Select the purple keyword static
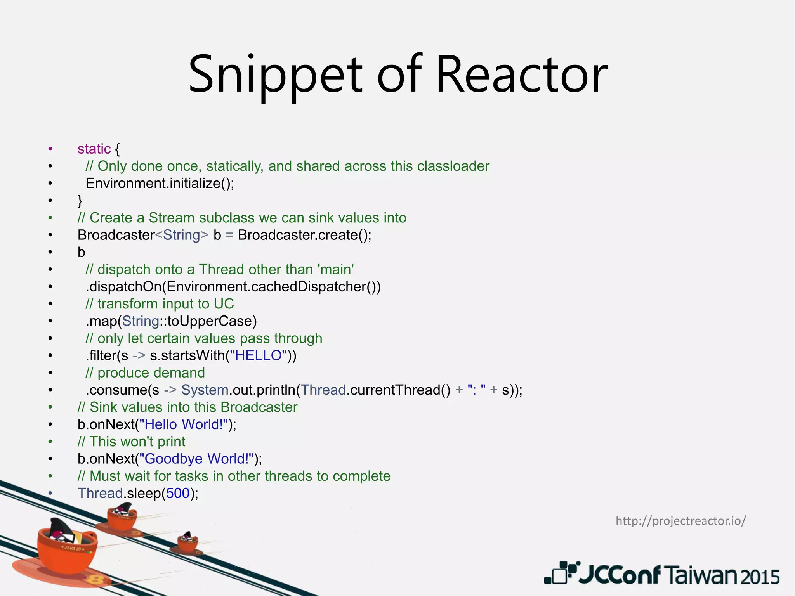point(94,149)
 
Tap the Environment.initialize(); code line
point(160,183)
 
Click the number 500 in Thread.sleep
point(178,494)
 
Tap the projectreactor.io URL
point(680,521)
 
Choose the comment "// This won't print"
point(131,442)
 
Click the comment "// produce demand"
point(145,373)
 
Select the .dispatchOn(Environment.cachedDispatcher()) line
point(233,287)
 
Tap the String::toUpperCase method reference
point(189,321)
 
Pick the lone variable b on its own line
point(81,253)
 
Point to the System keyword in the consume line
point(205,390)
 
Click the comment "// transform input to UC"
point(160,304)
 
